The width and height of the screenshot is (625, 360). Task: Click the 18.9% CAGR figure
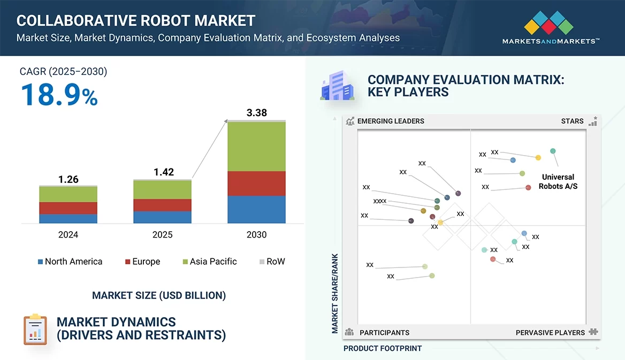[59, 95]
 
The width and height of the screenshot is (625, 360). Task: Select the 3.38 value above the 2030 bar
[256, 113]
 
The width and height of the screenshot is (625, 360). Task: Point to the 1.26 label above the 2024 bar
[68, 179]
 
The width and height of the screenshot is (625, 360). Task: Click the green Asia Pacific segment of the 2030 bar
[256, 147]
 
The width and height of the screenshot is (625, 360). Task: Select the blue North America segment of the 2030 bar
[256, 209]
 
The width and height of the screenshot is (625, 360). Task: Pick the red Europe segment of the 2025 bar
[162, 205]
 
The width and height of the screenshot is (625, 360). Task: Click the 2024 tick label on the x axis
[68, 234]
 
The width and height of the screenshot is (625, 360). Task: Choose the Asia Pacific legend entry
[209, 262]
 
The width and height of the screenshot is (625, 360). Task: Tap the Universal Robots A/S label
[558, 181]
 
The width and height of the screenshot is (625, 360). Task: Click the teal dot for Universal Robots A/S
[553, 151]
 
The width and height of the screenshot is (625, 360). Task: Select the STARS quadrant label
[572, 121]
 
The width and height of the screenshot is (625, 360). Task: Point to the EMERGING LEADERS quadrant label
[390, 121]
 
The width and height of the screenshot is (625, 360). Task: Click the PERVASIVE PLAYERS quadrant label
[550, 332]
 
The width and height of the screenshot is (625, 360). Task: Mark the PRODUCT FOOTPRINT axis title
[383, 348]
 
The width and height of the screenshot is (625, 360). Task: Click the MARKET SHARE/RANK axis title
[335, 293]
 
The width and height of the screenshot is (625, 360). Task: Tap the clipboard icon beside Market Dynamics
[35, 330]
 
